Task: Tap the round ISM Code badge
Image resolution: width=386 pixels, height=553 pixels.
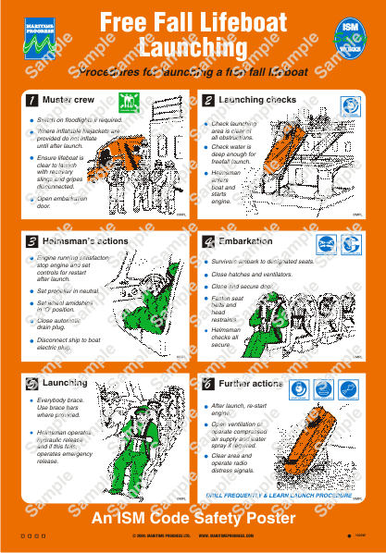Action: click(351, 37)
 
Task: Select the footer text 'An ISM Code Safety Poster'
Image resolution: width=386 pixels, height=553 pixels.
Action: click(193, 519)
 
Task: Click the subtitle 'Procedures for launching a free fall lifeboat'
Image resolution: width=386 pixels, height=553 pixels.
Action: click(193, 72)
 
